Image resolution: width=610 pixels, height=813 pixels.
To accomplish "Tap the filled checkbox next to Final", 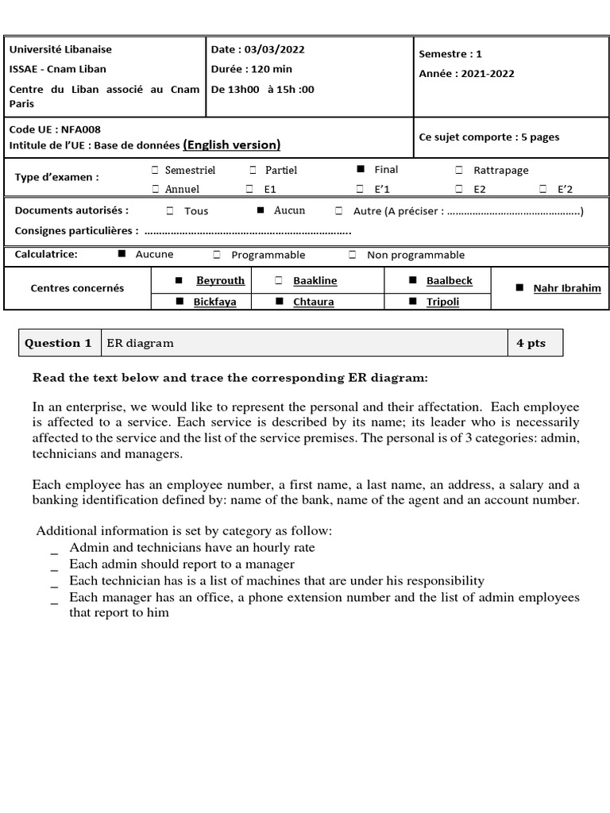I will [361, 169].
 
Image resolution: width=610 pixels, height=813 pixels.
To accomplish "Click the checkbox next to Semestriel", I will [155, 170].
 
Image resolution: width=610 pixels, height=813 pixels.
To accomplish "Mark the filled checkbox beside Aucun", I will [260, 211].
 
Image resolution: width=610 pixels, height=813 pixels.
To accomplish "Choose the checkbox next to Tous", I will [170, 211].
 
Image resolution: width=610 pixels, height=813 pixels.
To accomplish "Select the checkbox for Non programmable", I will [352, 255].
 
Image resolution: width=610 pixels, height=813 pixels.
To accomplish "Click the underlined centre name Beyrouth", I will [220, 280].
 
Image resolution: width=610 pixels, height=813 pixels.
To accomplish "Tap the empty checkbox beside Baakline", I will [278, 281].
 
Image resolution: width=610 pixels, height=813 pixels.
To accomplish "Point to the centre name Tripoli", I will [442, 302].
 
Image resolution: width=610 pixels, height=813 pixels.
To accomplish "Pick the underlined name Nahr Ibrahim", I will [566, 288].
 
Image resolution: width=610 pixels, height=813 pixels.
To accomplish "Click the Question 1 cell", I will [58, 343].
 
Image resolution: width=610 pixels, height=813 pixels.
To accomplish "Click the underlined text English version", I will [231, 144].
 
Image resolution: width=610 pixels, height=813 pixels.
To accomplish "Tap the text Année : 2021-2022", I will [466, 74].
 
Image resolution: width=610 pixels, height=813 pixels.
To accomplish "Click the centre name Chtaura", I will [313, 302].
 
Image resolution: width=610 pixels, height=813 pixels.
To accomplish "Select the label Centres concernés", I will [77, 288].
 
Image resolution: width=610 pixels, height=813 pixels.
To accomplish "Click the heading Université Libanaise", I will [49, 49].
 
